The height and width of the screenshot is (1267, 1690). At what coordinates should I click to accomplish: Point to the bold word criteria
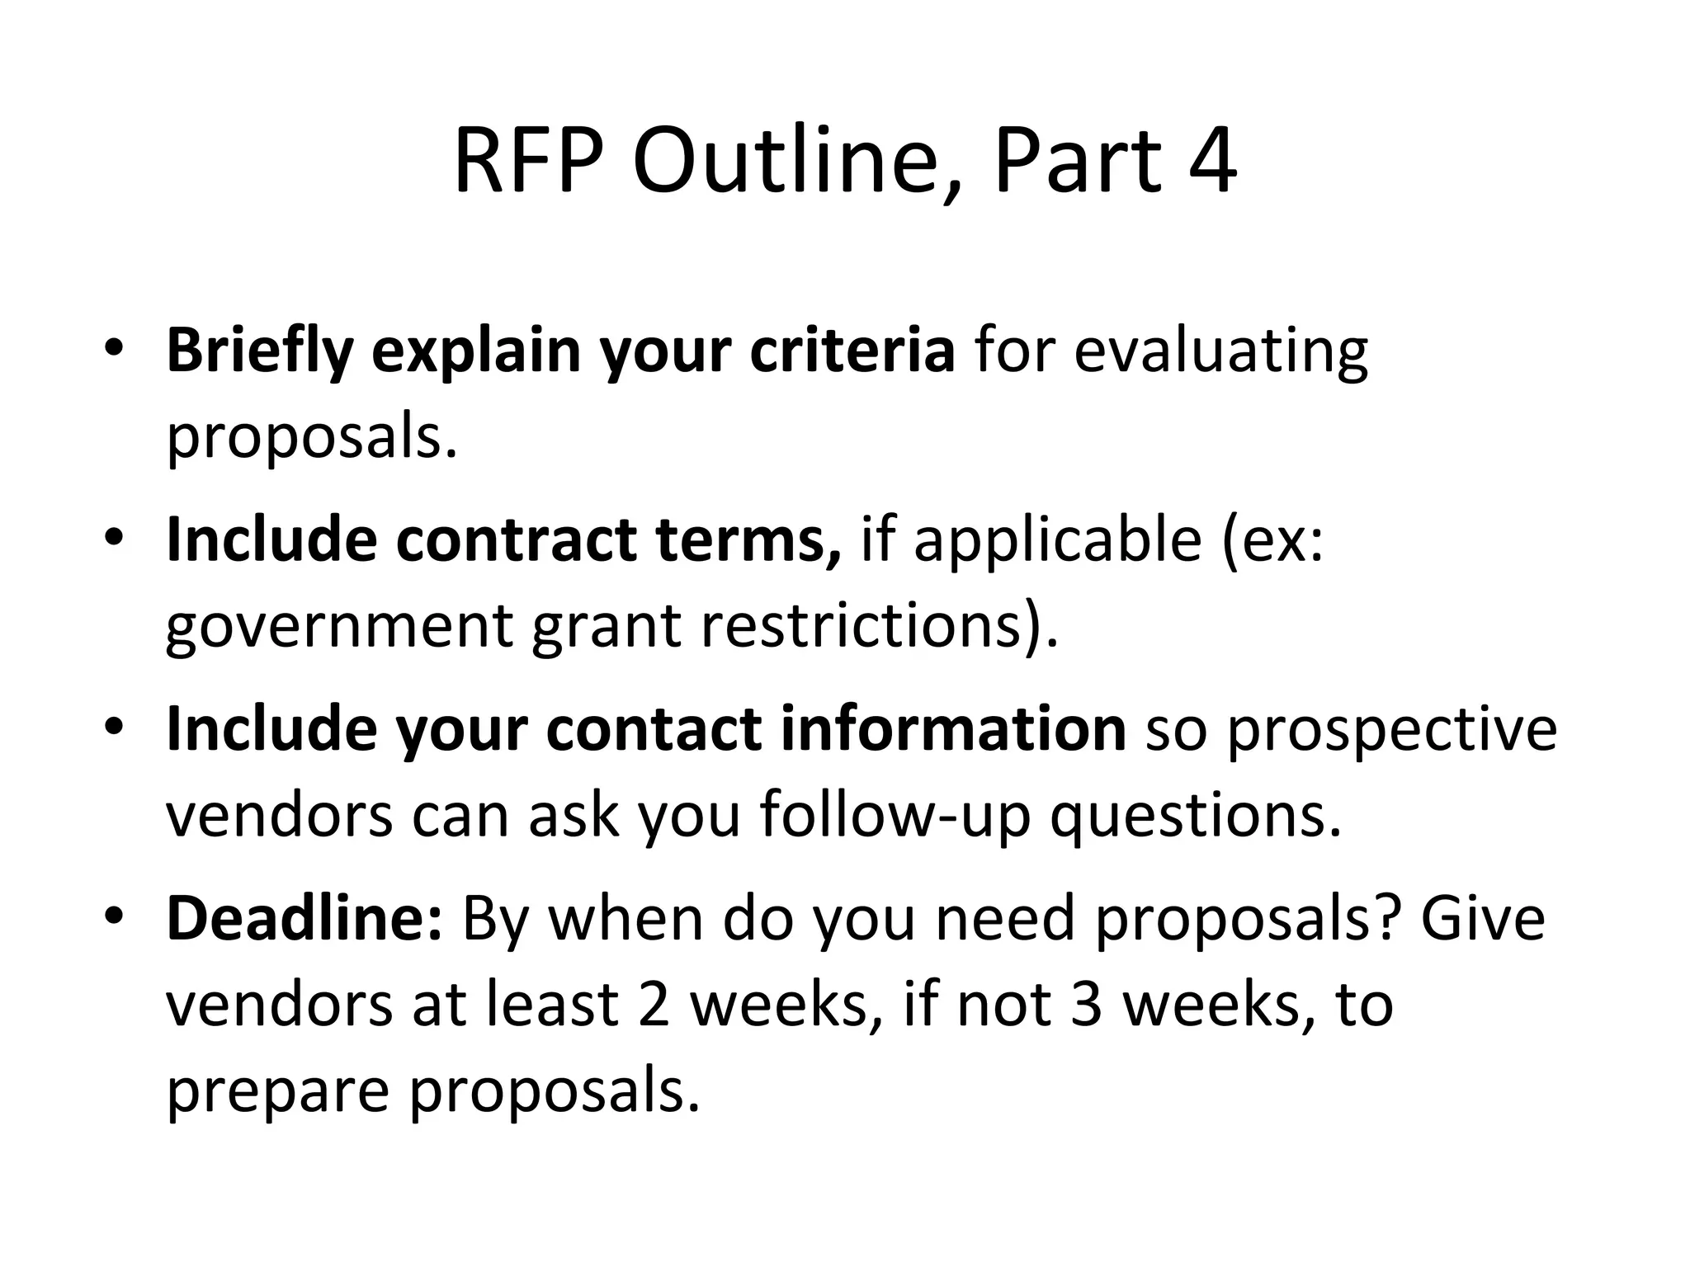click(852, 351)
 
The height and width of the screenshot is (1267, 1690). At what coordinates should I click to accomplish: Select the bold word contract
click(517, 540)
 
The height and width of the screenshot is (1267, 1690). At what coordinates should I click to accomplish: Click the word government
click(338, 627)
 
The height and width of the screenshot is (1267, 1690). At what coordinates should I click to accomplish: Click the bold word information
click(953, 729)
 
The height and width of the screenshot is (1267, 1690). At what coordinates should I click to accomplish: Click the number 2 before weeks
click(654, 1005)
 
